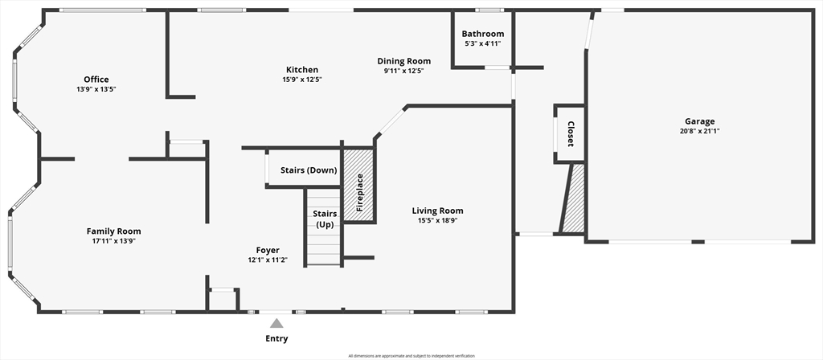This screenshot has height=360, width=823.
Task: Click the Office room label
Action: [96, 80]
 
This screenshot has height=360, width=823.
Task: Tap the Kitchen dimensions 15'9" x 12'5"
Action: [302, 80]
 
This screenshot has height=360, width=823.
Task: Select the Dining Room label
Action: [404, 61]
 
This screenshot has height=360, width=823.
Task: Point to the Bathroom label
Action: [483, 34]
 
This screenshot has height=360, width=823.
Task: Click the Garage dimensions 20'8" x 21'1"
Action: [700, 131]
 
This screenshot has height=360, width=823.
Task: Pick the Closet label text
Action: [570, 134]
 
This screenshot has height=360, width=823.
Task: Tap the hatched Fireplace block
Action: [359, 186]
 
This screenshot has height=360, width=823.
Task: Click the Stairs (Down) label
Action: [309, 170]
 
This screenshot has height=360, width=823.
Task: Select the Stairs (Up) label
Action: [325, 219]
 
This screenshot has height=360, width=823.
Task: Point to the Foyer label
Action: [268, 251]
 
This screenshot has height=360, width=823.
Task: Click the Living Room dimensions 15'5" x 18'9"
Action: [438, 220]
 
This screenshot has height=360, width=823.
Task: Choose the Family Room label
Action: [114, 231]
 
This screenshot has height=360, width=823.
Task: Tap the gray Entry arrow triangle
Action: [276, 323]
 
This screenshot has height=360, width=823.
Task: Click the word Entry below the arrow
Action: [276, 338]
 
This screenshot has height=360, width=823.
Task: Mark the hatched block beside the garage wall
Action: [573, 198]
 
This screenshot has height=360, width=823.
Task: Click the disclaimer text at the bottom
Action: [411, 356]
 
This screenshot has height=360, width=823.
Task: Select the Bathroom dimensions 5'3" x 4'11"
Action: [483, 44]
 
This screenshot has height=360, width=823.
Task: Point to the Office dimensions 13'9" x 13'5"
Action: [96, 90]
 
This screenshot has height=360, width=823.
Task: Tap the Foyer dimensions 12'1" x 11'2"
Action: [268, 260]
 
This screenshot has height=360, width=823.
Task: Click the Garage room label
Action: [700, 121]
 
